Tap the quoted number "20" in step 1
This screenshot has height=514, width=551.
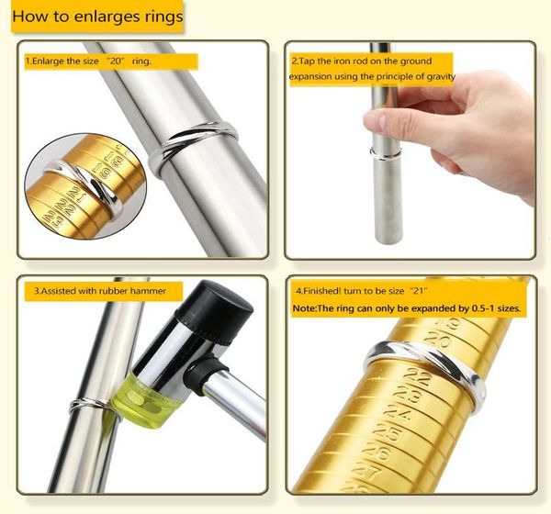coord(117,61)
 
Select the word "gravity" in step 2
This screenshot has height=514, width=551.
coord(437,76)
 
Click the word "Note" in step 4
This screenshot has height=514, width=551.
coord(306,308)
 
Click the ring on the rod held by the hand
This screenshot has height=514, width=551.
coord(384,151)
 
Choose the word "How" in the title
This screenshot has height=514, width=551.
coord(28,17)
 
